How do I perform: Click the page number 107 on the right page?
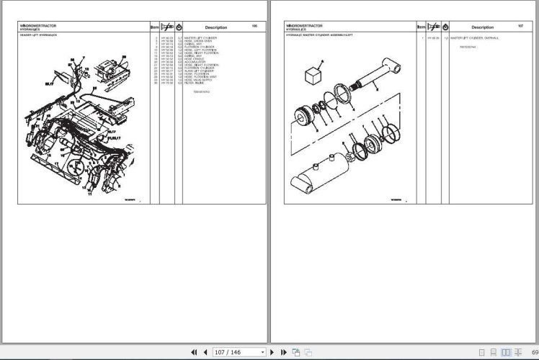(x=520, y=27)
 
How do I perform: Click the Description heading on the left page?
(x=215, y=27)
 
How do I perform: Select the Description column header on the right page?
(x=482, y=27)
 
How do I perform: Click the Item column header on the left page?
(x=154, y=27)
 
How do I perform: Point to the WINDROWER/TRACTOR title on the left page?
(x=39, y=24)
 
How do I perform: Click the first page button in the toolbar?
(x=193, y=352)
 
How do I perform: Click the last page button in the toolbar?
(x=283, y=352)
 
